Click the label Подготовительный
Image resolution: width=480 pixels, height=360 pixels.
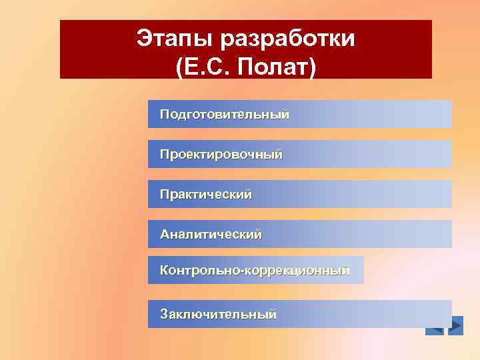225,114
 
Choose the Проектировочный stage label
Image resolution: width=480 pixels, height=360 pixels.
221,154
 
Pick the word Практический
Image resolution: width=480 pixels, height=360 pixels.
206,194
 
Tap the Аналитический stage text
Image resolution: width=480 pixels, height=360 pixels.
211,234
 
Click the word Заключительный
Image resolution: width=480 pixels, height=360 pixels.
218,313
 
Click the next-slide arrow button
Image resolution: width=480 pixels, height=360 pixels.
456,326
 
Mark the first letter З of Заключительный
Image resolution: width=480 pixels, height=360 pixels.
164,313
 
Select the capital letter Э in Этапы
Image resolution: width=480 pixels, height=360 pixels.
144,39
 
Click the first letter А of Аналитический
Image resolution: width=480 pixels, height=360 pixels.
165,234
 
